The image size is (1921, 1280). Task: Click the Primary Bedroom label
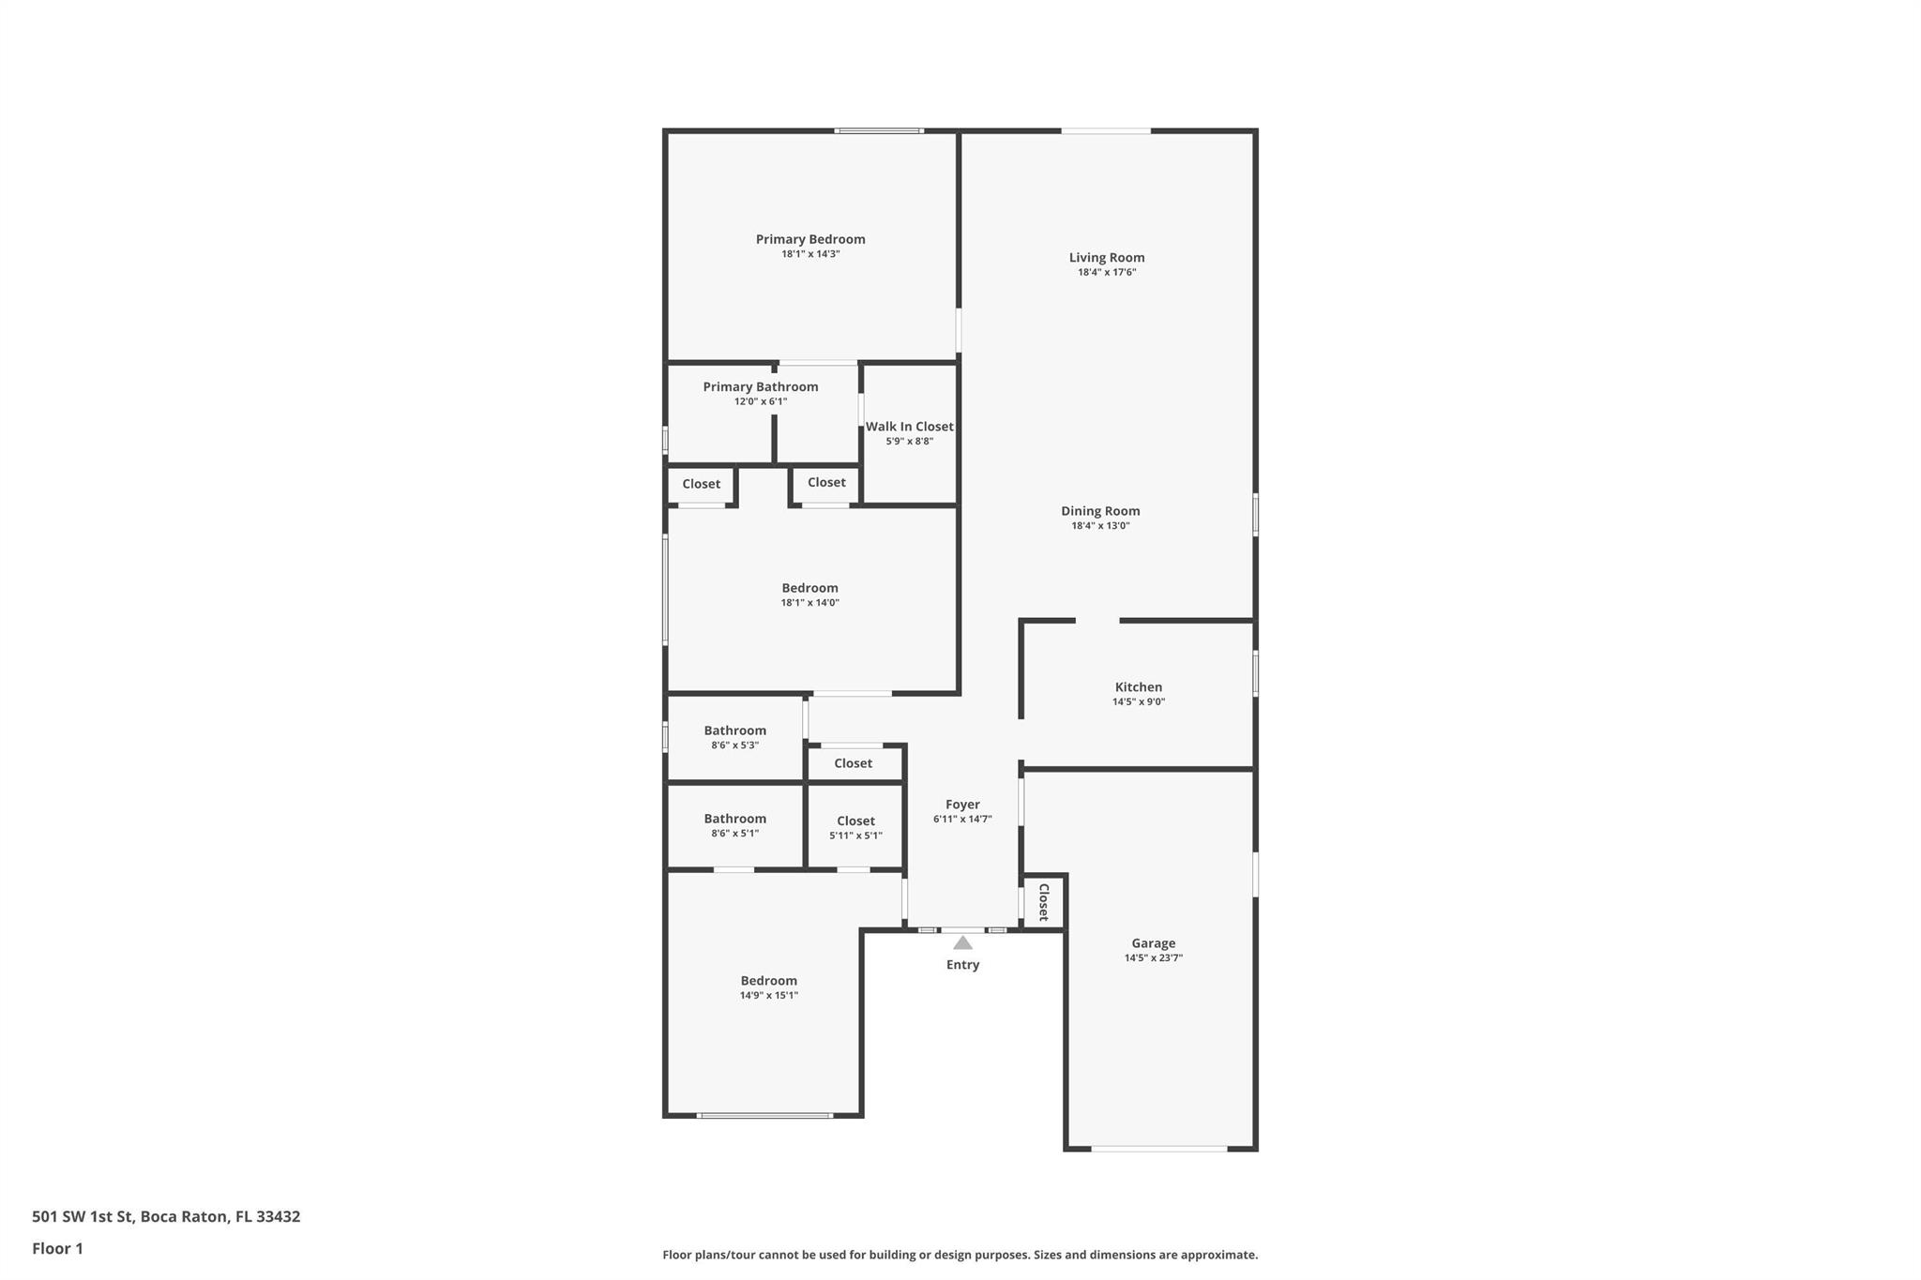810,239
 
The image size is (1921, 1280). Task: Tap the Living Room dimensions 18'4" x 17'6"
1107,272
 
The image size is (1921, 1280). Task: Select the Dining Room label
1100,511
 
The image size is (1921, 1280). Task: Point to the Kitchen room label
1139,687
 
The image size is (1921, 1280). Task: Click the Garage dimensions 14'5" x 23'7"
1154,958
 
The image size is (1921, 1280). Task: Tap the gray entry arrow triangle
962,942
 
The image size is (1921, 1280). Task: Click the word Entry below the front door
962,965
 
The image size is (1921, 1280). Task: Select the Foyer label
962,805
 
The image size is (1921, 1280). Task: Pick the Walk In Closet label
909,427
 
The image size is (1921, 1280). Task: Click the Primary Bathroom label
761,387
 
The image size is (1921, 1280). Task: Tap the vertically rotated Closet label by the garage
1043,902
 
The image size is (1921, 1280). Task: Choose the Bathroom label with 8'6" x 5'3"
735,730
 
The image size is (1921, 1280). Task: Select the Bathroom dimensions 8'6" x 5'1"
735,834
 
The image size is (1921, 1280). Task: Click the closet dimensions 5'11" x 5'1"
855,836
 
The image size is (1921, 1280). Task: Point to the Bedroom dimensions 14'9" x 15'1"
769,996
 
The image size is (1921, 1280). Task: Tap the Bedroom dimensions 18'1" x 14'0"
810,603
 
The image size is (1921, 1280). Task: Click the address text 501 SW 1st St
83,1217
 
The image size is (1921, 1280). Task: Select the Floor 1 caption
57,1249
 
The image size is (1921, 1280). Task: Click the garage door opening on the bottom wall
1159,1149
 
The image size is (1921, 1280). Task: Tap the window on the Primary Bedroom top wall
879,130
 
